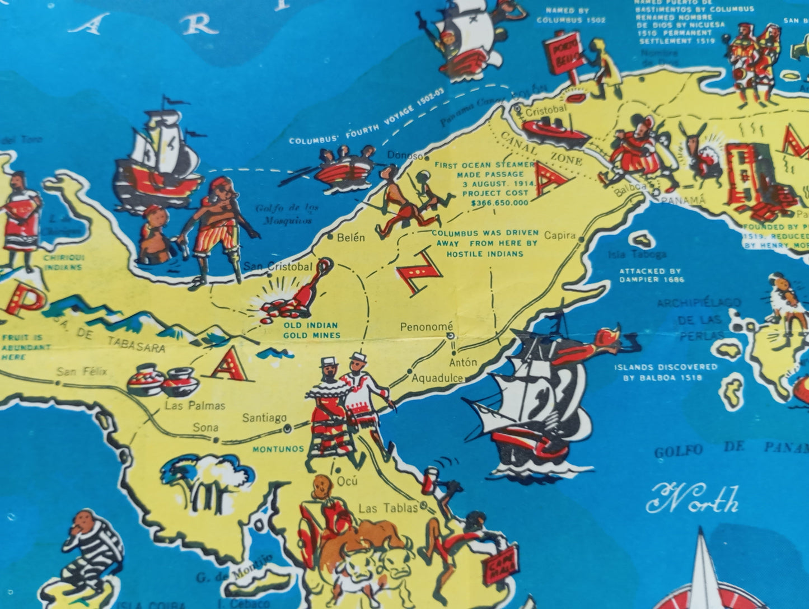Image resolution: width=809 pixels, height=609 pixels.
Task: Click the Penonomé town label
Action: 426,326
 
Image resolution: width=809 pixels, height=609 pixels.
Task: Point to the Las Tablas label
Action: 387,508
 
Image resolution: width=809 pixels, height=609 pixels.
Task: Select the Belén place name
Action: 350,237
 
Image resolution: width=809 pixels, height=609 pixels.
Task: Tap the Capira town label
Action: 559,236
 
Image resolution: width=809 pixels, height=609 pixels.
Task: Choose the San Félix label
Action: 81,372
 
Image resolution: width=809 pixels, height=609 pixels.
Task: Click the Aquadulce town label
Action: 437,378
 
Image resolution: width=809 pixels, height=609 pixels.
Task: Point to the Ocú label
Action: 347,481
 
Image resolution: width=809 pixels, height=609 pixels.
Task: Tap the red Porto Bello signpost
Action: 563,56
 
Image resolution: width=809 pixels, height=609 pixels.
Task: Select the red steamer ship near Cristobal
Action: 554,131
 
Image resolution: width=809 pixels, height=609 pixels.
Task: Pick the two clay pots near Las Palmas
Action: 163,381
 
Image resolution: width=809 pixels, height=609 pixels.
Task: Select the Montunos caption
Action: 278,449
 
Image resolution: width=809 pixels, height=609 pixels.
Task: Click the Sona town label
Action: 205,428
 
